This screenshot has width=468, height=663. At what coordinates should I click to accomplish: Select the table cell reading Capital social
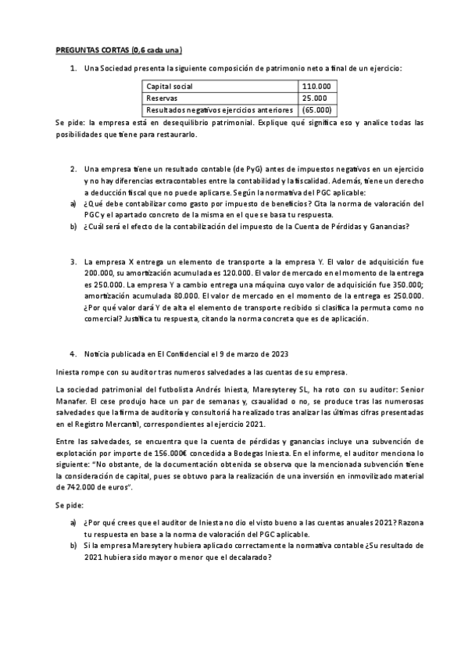pos(170,87)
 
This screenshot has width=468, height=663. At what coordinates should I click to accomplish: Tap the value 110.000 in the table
pos(316,87)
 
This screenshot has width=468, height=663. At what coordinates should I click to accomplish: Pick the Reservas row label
pos(162,99)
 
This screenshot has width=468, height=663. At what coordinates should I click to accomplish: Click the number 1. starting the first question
pos(73,69)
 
